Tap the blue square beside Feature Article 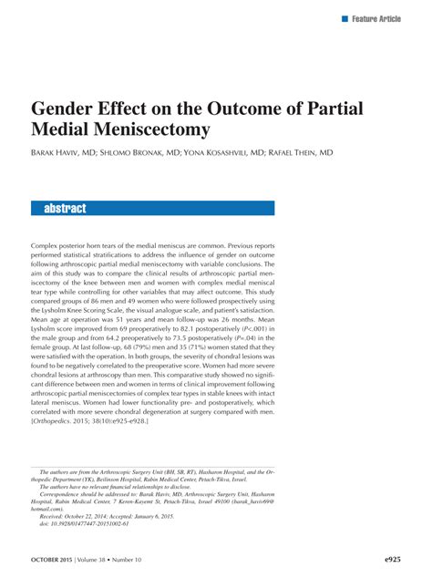[x=345, y=18]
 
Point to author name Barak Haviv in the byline [x=64, y=153]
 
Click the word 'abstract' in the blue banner [x=65, y=209]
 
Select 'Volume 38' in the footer [x=116, y=558]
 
